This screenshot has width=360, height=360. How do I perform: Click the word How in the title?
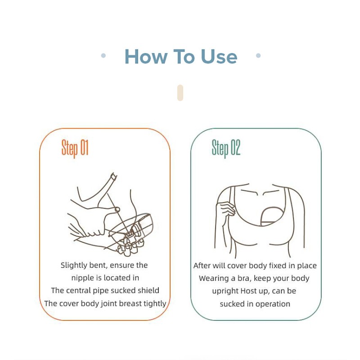point(143,57)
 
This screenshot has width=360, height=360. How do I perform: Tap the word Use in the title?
point(219,57)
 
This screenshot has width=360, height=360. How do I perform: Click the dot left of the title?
point(103,56)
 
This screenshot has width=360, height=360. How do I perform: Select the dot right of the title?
point(258,56)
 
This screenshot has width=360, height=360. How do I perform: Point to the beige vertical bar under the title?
point(180,93)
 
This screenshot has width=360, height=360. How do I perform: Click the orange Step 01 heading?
point(75,148)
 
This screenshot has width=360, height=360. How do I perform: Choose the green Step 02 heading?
point(226,148)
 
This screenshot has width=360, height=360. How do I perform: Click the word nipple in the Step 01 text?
point(82,278)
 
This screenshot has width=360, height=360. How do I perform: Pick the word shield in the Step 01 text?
point(148,290)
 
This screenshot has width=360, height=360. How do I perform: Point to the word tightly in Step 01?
point(154,303)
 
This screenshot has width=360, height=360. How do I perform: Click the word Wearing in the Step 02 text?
point(214,278)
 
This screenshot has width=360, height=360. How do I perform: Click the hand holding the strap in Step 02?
point(225,209)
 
